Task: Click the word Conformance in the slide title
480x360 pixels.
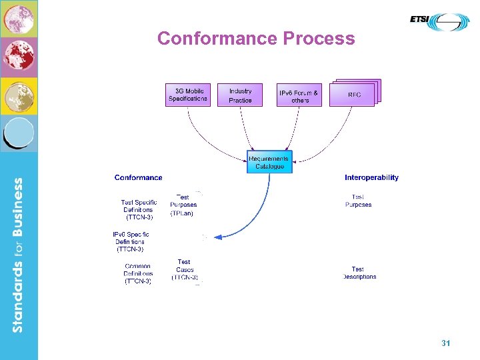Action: tap(217, 39)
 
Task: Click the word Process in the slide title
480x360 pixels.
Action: tap(319, 39)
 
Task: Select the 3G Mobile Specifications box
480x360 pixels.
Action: tap(188, 95)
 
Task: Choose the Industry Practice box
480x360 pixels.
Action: tap(240, 95)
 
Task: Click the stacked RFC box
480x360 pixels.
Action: tap(353, 94)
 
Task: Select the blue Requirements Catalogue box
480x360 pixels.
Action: tap(269, 162)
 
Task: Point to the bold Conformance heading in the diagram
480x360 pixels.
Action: tap(138, 177)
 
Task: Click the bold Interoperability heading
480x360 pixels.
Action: tap(371, 177)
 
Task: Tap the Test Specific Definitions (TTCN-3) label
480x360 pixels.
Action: tap(139, 209)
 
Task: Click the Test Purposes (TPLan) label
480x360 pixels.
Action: tap(183, 205)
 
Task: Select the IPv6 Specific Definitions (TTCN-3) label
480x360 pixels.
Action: tap(131, 241)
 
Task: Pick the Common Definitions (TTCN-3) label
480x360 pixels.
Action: tap(138, 273)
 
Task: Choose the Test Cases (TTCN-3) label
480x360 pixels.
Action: tap(184, 269)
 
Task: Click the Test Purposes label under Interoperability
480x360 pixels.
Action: tap(358, 201)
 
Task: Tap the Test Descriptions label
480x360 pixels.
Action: tap(359, 273)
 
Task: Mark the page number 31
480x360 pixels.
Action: tap(445, 343)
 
